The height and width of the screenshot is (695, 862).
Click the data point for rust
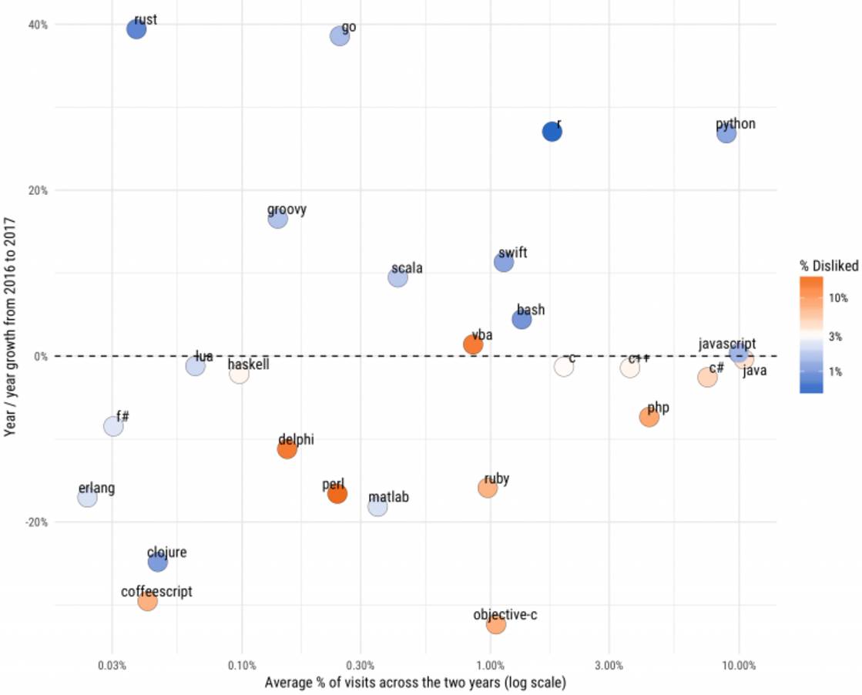(x=136, y=29)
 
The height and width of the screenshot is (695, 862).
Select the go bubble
(x=340, y=35)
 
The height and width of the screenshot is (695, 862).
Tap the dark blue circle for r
(x=552, y=132)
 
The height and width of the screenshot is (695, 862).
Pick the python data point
(x=726, y=133)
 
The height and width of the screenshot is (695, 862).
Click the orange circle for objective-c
(x=496, y=624)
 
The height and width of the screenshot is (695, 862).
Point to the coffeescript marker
(x=147, y=600)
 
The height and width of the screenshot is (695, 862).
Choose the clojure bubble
(x=157, y=562)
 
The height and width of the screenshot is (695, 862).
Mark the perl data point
(x=337, y=494)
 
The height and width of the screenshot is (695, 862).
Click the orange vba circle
(x=473, y=344)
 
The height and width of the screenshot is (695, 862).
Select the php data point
(x=649, y=417)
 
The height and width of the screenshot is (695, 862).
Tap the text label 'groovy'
(x=287, y=210)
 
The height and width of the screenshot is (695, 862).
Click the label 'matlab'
(x=388, y=498)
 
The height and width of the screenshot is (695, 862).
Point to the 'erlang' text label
(x=96, y=489)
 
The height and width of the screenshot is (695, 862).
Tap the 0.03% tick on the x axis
(x=112, y=665)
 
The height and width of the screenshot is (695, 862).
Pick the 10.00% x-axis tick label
(x=739, y=665)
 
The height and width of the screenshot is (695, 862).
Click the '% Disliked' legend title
(x=829, y=266)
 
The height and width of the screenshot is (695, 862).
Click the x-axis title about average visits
(x=415, y=683)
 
